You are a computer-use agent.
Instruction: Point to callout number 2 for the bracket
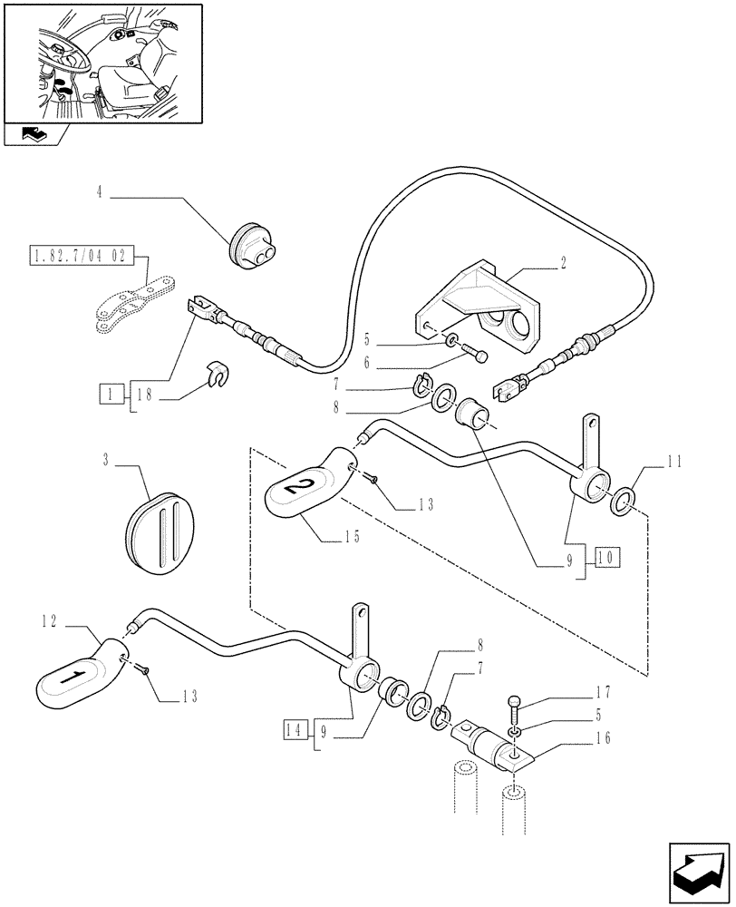click(x=563, y=263)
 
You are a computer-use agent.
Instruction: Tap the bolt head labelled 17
click(x=515, y=701)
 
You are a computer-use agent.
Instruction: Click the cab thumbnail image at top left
click(x=102, y=62)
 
